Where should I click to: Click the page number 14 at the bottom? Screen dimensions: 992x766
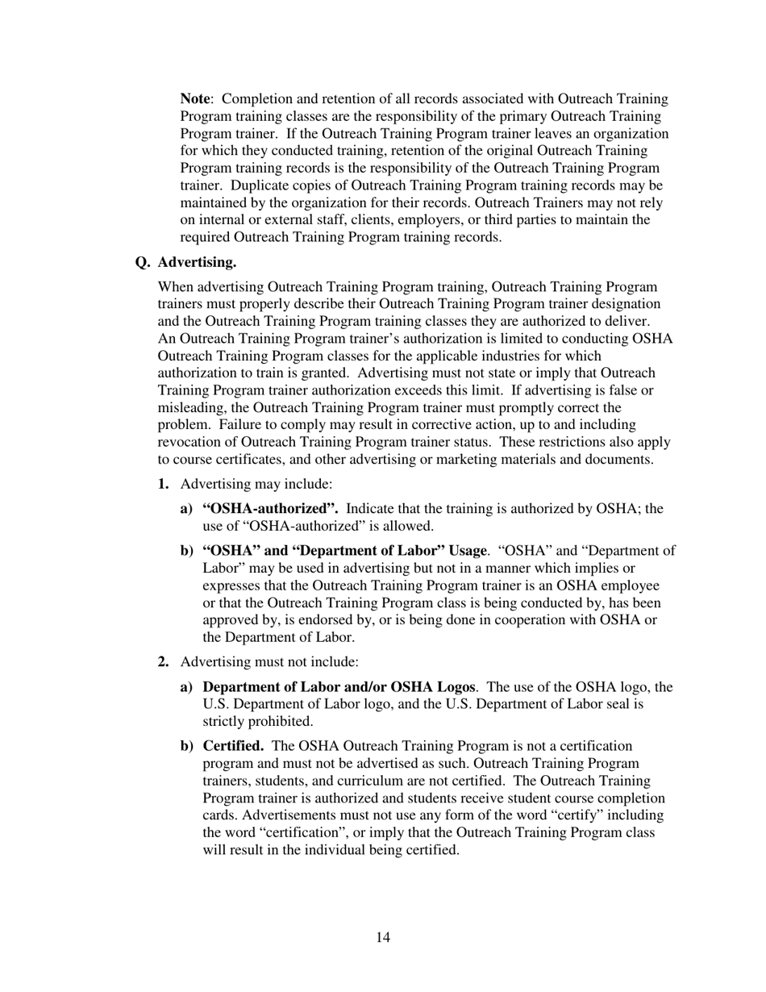[383, 937]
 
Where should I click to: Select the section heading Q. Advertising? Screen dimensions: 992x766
[186, 262]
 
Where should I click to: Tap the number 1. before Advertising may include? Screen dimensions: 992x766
[164, 484]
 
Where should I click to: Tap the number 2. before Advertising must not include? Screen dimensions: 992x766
[164, 662]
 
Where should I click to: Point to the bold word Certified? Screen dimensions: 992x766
[233, 746]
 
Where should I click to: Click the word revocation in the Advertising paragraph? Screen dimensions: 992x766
[193, 442]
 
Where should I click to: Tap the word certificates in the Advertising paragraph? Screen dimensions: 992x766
[249, 460]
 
